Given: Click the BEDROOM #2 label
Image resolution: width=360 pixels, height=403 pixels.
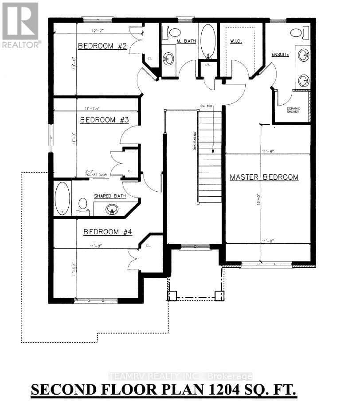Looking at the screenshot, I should point(97,46).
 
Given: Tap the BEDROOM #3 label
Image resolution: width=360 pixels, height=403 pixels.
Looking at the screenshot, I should point(104,120).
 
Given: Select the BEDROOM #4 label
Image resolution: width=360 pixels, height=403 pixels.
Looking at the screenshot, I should point(108,232).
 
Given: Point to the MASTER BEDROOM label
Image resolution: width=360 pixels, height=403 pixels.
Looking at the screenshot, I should point(264,177).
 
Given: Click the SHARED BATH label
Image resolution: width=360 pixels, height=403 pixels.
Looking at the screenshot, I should point(110,196).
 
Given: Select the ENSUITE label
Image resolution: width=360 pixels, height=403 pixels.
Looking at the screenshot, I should point(280,55).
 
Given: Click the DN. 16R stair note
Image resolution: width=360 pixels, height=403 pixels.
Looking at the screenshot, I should point(206,105).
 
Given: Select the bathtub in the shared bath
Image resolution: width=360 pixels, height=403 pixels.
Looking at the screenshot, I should point(63,198).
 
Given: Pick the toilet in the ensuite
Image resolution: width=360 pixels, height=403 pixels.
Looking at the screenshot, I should point(297,32).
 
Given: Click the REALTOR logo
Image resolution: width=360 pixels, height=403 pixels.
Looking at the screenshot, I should point(20,24).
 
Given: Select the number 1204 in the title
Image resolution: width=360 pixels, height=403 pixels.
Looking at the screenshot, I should point(223,391).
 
